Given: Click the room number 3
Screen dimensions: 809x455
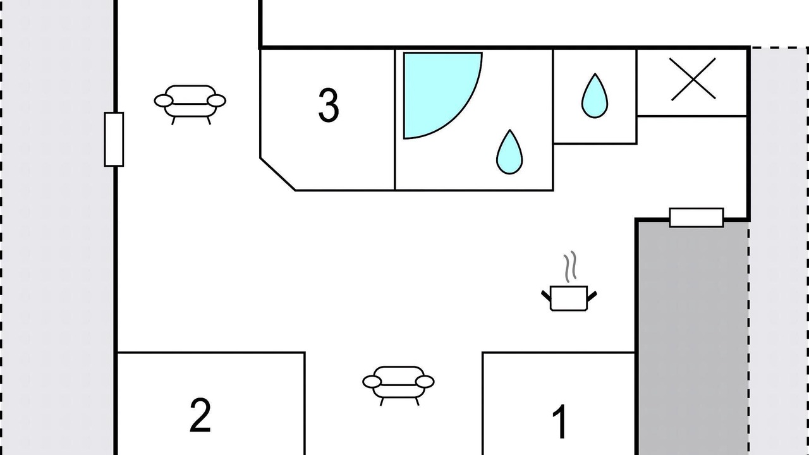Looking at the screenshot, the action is [329, 106].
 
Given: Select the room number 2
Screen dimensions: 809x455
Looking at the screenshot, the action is [200, 415].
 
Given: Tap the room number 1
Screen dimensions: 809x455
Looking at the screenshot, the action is [560, 422].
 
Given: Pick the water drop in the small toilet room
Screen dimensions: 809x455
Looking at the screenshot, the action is [595, 96].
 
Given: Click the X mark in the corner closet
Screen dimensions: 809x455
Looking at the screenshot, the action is [693, 79].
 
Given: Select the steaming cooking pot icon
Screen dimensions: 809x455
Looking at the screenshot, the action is [569, 282].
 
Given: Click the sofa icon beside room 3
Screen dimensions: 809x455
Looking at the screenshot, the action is [190, 105].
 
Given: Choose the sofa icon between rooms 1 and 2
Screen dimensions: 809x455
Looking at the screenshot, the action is [399, 385].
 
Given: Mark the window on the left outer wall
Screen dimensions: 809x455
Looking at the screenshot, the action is [114, 140].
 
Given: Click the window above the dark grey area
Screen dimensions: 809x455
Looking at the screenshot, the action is [696, 217].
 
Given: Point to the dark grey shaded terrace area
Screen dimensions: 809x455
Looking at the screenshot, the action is [691, 337].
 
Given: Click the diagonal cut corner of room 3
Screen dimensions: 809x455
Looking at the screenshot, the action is [277, 174].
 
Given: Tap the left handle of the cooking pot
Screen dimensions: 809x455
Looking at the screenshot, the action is [546, 295].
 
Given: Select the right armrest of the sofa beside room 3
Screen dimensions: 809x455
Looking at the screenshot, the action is [216, 100].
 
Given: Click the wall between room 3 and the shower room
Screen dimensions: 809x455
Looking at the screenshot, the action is [395, 120].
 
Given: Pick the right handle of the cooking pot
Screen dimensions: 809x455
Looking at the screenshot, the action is [592, 296].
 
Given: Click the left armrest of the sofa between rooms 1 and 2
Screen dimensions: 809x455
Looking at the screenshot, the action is [372, 382].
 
